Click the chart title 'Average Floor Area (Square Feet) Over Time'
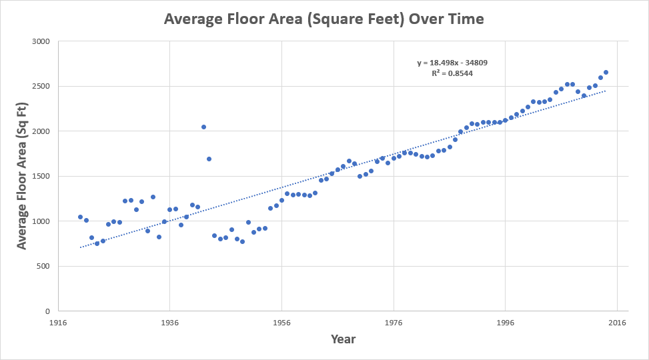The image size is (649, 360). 324,19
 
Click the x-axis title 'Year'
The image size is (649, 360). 343,339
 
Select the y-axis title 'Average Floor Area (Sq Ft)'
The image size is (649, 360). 22,177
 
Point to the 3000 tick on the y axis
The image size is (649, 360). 41,41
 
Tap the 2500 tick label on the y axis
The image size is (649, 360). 41,87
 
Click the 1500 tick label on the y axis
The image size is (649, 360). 41,177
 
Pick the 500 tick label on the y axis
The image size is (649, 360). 43,267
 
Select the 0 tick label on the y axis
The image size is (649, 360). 47,311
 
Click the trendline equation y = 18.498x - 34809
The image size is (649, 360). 452,63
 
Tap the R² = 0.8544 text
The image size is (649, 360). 452,73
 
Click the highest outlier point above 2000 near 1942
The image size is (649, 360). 203,127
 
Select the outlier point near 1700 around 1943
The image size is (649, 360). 209,159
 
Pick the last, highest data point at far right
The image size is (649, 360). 606,72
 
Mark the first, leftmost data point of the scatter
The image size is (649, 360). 80,217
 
